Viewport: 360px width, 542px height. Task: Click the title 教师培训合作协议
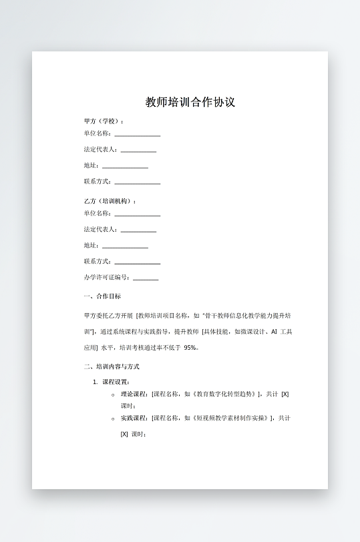190,102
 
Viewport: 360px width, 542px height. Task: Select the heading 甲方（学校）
103,121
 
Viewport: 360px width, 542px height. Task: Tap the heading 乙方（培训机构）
109,201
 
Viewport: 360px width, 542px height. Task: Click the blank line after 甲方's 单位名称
137,135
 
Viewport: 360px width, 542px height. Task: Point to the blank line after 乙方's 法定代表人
138,231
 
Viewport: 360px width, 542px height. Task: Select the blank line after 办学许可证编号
146,279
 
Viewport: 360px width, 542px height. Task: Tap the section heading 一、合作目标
102,296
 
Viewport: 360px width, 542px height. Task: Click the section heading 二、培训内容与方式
112,366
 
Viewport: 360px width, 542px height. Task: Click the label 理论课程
134,394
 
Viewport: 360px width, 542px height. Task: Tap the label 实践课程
134,418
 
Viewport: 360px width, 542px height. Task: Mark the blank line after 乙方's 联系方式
137,263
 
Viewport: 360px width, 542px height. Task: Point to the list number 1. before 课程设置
96,382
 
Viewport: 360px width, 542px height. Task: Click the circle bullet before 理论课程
113,394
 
